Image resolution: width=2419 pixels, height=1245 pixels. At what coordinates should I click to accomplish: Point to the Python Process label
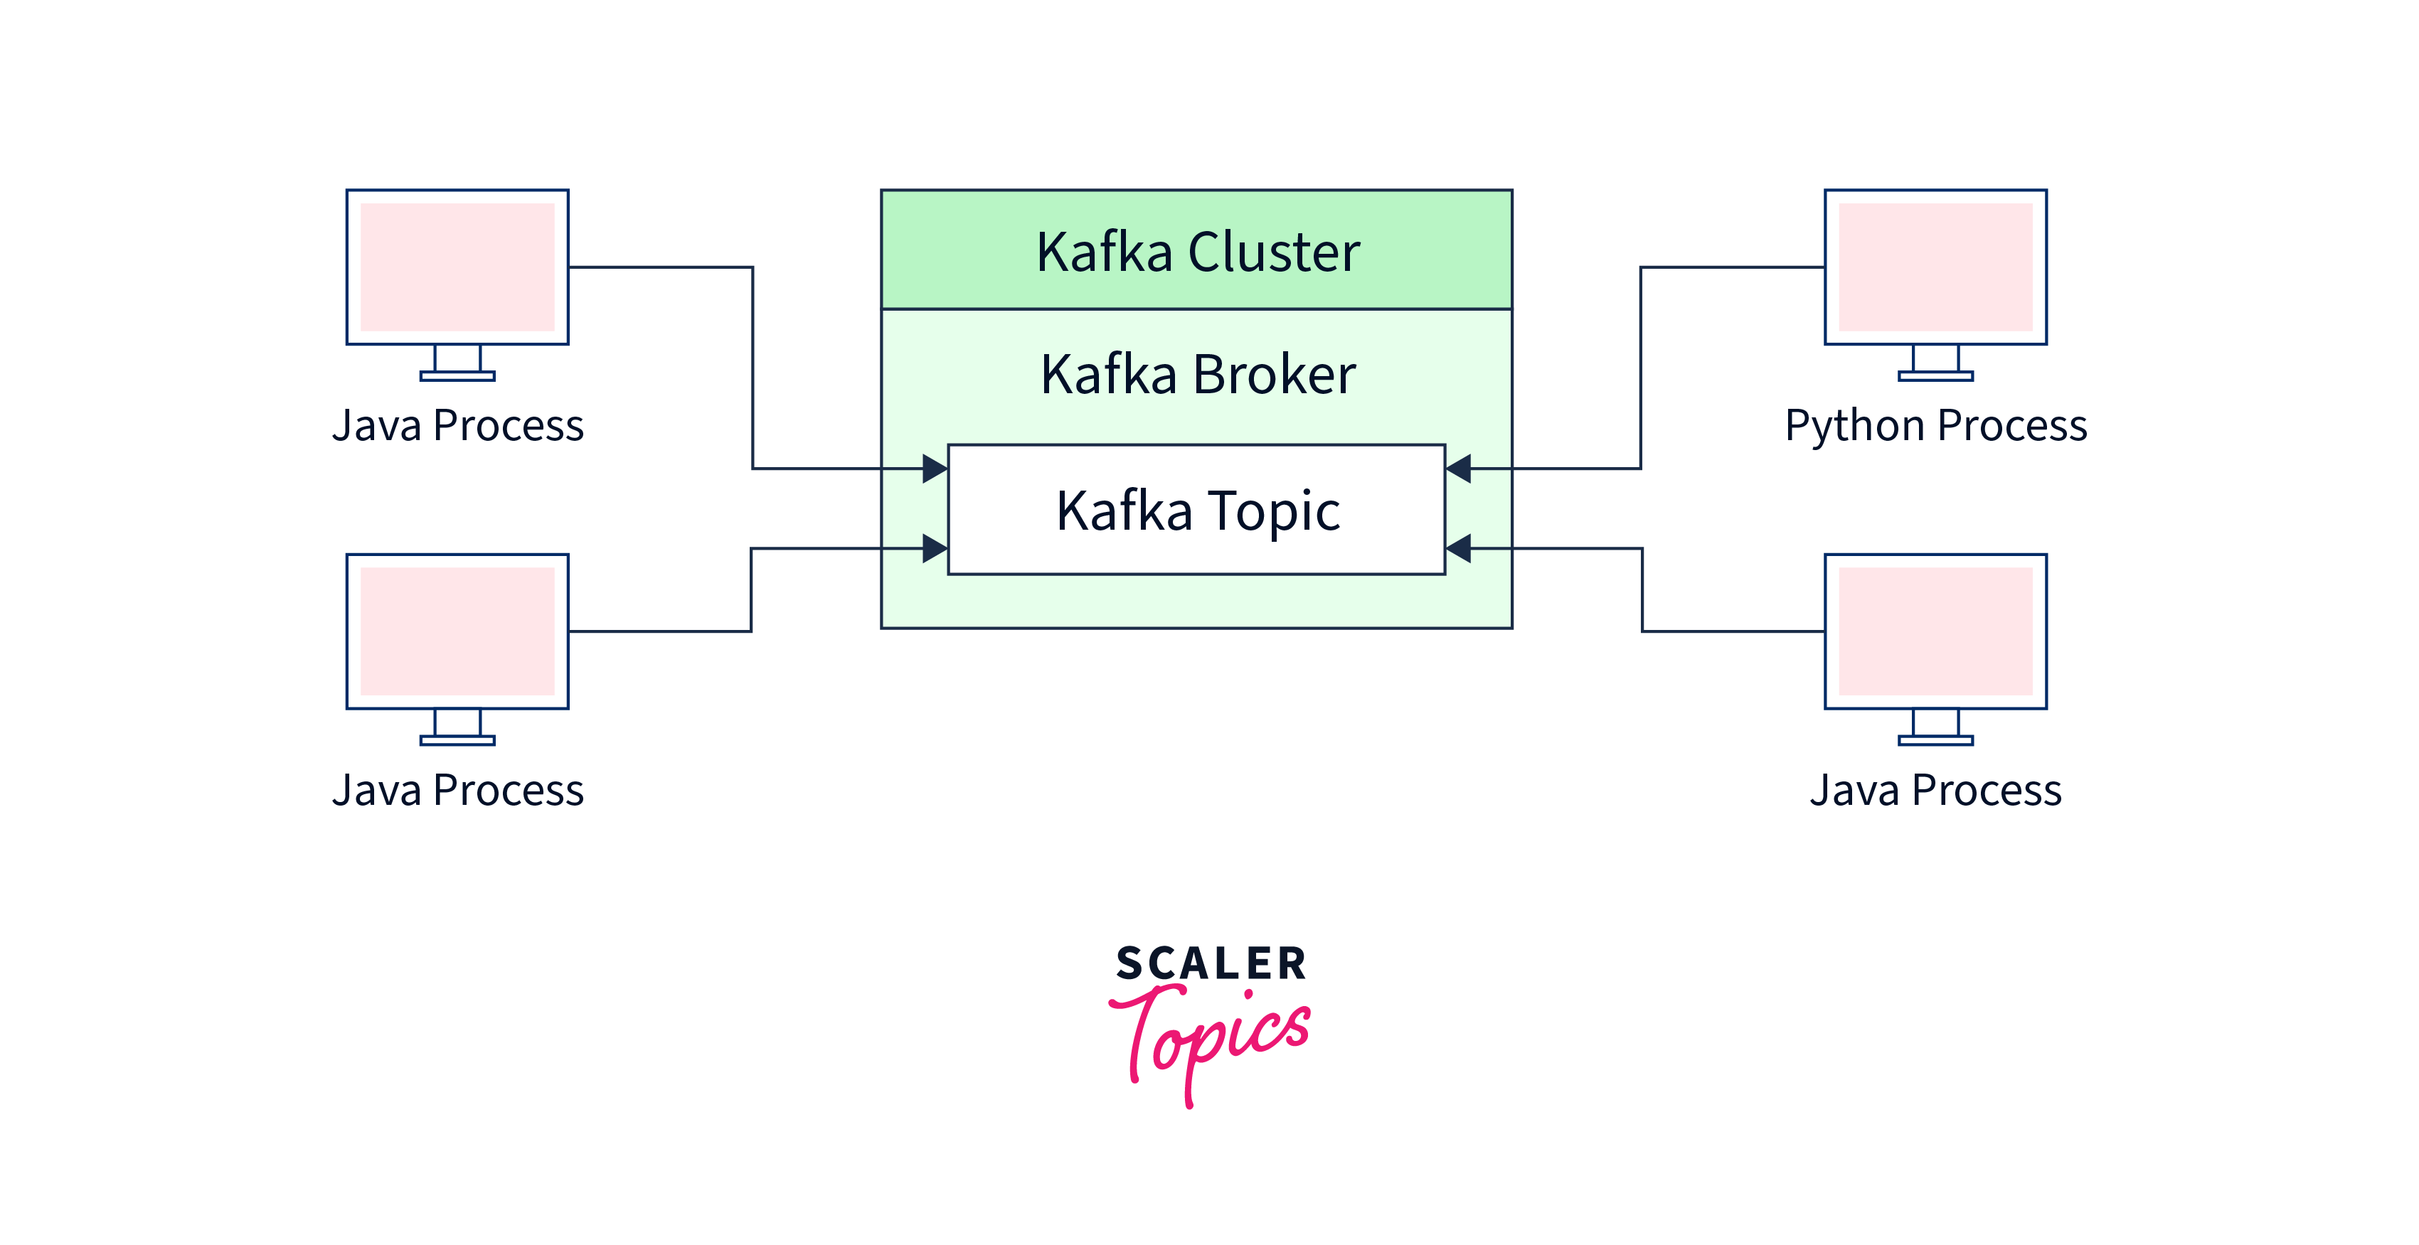[1935, 425]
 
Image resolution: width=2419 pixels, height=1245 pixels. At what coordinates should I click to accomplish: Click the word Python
[1855, 425]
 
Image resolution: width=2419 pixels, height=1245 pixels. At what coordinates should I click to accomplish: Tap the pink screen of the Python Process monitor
[1935, 267]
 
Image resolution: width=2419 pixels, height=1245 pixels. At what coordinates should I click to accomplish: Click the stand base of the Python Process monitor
[1935, 377]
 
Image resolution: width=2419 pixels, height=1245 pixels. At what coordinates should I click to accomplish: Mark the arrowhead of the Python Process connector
[1458, 468]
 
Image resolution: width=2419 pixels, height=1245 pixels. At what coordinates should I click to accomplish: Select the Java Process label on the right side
[1935, 790]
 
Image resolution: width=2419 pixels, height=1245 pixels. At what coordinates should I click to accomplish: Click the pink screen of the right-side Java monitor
[1935, 631]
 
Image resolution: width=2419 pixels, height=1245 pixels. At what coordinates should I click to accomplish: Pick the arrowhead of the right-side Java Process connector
[1458, 547]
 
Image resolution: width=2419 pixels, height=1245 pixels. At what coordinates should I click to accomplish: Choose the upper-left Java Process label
[457, 425]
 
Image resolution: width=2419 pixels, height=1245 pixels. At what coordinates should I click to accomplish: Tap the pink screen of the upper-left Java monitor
[457, 267]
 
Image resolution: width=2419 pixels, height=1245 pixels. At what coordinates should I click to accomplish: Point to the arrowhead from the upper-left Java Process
[935, 468]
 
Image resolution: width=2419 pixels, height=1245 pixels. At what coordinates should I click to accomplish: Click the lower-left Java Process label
[457, 790]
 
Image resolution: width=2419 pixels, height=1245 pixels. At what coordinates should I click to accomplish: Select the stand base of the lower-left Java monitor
[457, 741]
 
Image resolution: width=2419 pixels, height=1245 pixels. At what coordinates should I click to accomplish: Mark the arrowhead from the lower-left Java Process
[935, 547]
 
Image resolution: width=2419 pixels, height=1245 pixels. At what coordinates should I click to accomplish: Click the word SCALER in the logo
[1211, 964]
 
